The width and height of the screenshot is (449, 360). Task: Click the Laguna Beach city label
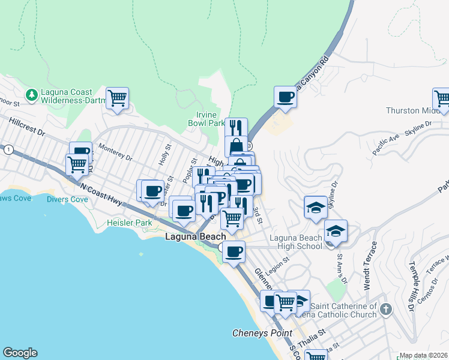point(195,237)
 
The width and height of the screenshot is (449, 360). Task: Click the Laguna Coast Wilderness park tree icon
point(31,95)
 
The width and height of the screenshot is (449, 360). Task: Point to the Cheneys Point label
point(262,333)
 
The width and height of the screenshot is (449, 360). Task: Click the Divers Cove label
point(67,199)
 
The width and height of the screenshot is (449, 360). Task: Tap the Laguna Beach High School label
point(296,242)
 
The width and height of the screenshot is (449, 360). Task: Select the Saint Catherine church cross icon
point(385,310)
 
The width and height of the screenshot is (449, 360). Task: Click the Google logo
point(20,353)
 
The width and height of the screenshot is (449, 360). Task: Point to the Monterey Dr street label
point(115,153)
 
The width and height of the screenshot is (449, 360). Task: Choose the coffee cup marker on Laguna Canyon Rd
point(286,97)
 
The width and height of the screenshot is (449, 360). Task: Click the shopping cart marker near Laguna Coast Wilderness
point(118,98)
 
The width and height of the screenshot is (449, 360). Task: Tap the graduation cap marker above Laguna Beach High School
point(316,207)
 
